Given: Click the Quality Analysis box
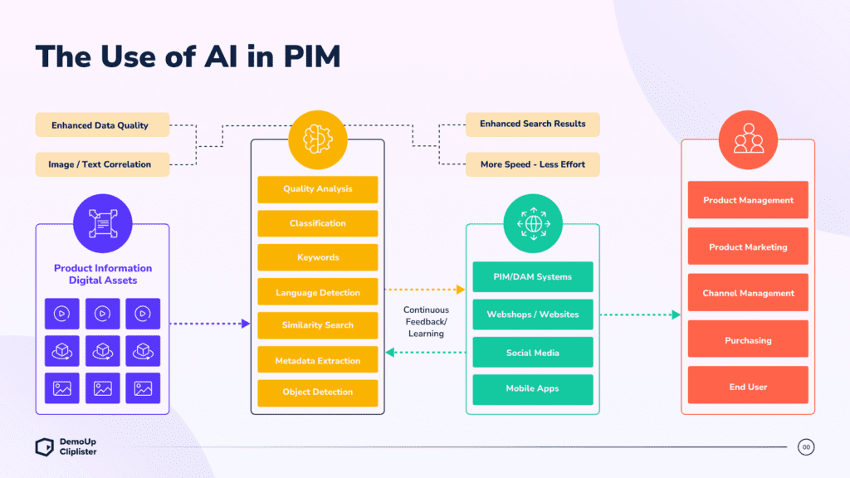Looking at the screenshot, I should pos(317,189).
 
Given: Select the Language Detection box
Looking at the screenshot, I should pos(317,293).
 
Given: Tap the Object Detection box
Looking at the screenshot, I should pos(317,393).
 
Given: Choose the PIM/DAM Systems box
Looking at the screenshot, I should pos(533,277).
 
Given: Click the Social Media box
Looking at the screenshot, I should pos(533,353).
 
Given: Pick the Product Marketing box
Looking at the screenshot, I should pos(748,247).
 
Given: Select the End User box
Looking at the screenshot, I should pos(748,387).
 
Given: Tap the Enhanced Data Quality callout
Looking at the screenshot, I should pos(101,125).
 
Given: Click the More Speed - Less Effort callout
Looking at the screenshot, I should pos(533,164).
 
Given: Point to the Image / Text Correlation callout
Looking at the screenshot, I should pos(101,164).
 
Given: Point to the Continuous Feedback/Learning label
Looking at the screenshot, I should pos(425,322).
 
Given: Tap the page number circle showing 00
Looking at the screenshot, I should pos(806,447).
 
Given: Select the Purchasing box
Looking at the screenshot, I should pos(748,340).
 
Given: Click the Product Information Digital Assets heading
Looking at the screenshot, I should pos(103,275).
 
